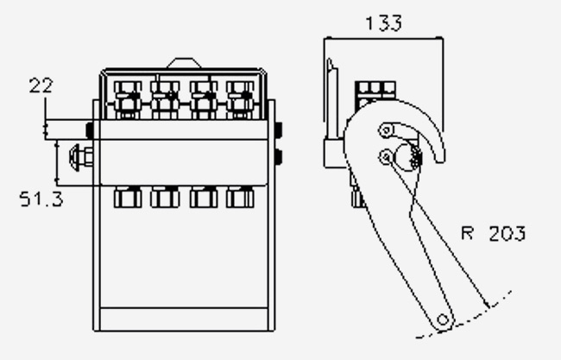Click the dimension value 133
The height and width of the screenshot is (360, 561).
tap(383, 23)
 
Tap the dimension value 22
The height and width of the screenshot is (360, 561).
tap(41, 85)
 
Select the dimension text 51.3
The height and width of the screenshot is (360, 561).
tap(41, 199)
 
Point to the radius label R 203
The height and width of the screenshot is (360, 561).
tap(494, 233)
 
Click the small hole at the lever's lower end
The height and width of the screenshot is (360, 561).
tap(443, 319)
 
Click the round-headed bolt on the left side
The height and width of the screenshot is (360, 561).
tap(81, 157)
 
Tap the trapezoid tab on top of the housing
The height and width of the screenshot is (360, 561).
tap(184, 63)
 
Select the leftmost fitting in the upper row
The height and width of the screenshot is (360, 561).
tap(128, 100)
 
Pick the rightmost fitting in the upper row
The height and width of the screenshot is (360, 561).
tap(240, 100)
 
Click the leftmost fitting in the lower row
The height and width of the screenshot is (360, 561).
tap(128, 197)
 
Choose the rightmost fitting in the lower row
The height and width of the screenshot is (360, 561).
tap(240, 197)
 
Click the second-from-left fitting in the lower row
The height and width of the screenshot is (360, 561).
tap(165, 197)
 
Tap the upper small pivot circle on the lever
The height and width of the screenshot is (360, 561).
tap(386, 129)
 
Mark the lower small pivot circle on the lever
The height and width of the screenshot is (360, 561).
tap(386, 156)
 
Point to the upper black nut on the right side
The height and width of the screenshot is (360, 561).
tap(279, 129)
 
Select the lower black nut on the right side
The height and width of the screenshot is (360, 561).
tap(279, 157)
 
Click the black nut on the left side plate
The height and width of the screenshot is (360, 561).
tap(90, 130)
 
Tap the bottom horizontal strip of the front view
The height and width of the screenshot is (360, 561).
tap(184, 319)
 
